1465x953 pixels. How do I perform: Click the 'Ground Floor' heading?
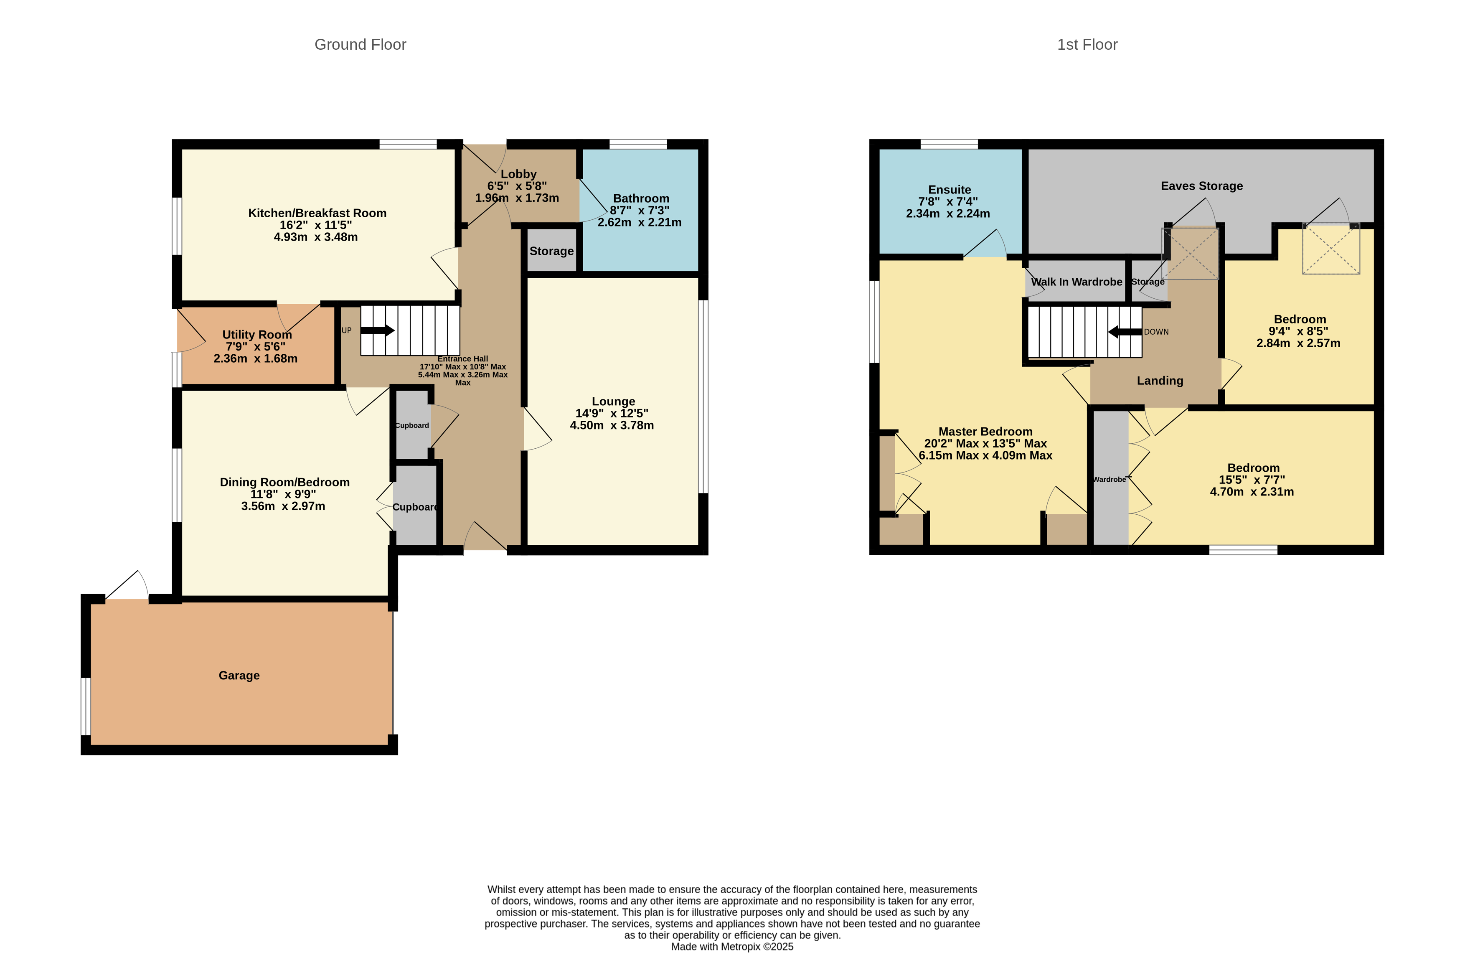360,44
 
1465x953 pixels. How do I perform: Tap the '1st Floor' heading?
1087,44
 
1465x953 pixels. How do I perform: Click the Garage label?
239,675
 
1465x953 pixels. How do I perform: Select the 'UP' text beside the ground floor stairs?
347,330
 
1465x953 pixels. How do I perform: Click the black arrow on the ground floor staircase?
377,330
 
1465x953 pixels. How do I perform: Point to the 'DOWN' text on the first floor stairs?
1156,332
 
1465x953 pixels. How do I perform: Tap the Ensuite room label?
949,190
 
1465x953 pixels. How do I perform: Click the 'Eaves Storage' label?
1201,186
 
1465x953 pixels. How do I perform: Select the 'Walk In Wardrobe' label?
1076,282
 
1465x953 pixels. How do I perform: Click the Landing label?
1160,381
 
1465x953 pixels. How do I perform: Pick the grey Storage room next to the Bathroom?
551,251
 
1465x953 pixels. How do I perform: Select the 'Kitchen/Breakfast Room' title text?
317,213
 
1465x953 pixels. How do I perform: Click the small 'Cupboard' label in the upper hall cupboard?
412,425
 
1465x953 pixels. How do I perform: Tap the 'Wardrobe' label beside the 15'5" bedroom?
1109,480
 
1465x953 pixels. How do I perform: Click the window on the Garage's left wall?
86,706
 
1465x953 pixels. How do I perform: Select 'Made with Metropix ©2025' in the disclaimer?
732,947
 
